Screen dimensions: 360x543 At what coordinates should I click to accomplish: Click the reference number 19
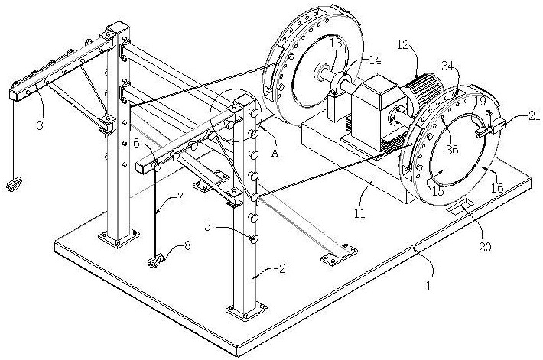tap(480, 100)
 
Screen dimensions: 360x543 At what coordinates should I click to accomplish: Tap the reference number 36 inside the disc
tap(453, 151)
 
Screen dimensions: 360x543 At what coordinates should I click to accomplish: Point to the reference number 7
tap(180, 198)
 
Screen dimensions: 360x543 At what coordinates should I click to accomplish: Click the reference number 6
tap(136, 144)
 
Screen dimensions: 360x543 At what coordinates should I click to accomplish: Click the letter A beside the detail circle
tap(275, 152)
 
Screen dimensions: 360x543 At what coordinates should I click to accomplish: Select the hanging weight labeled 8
tap(156, 262)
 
